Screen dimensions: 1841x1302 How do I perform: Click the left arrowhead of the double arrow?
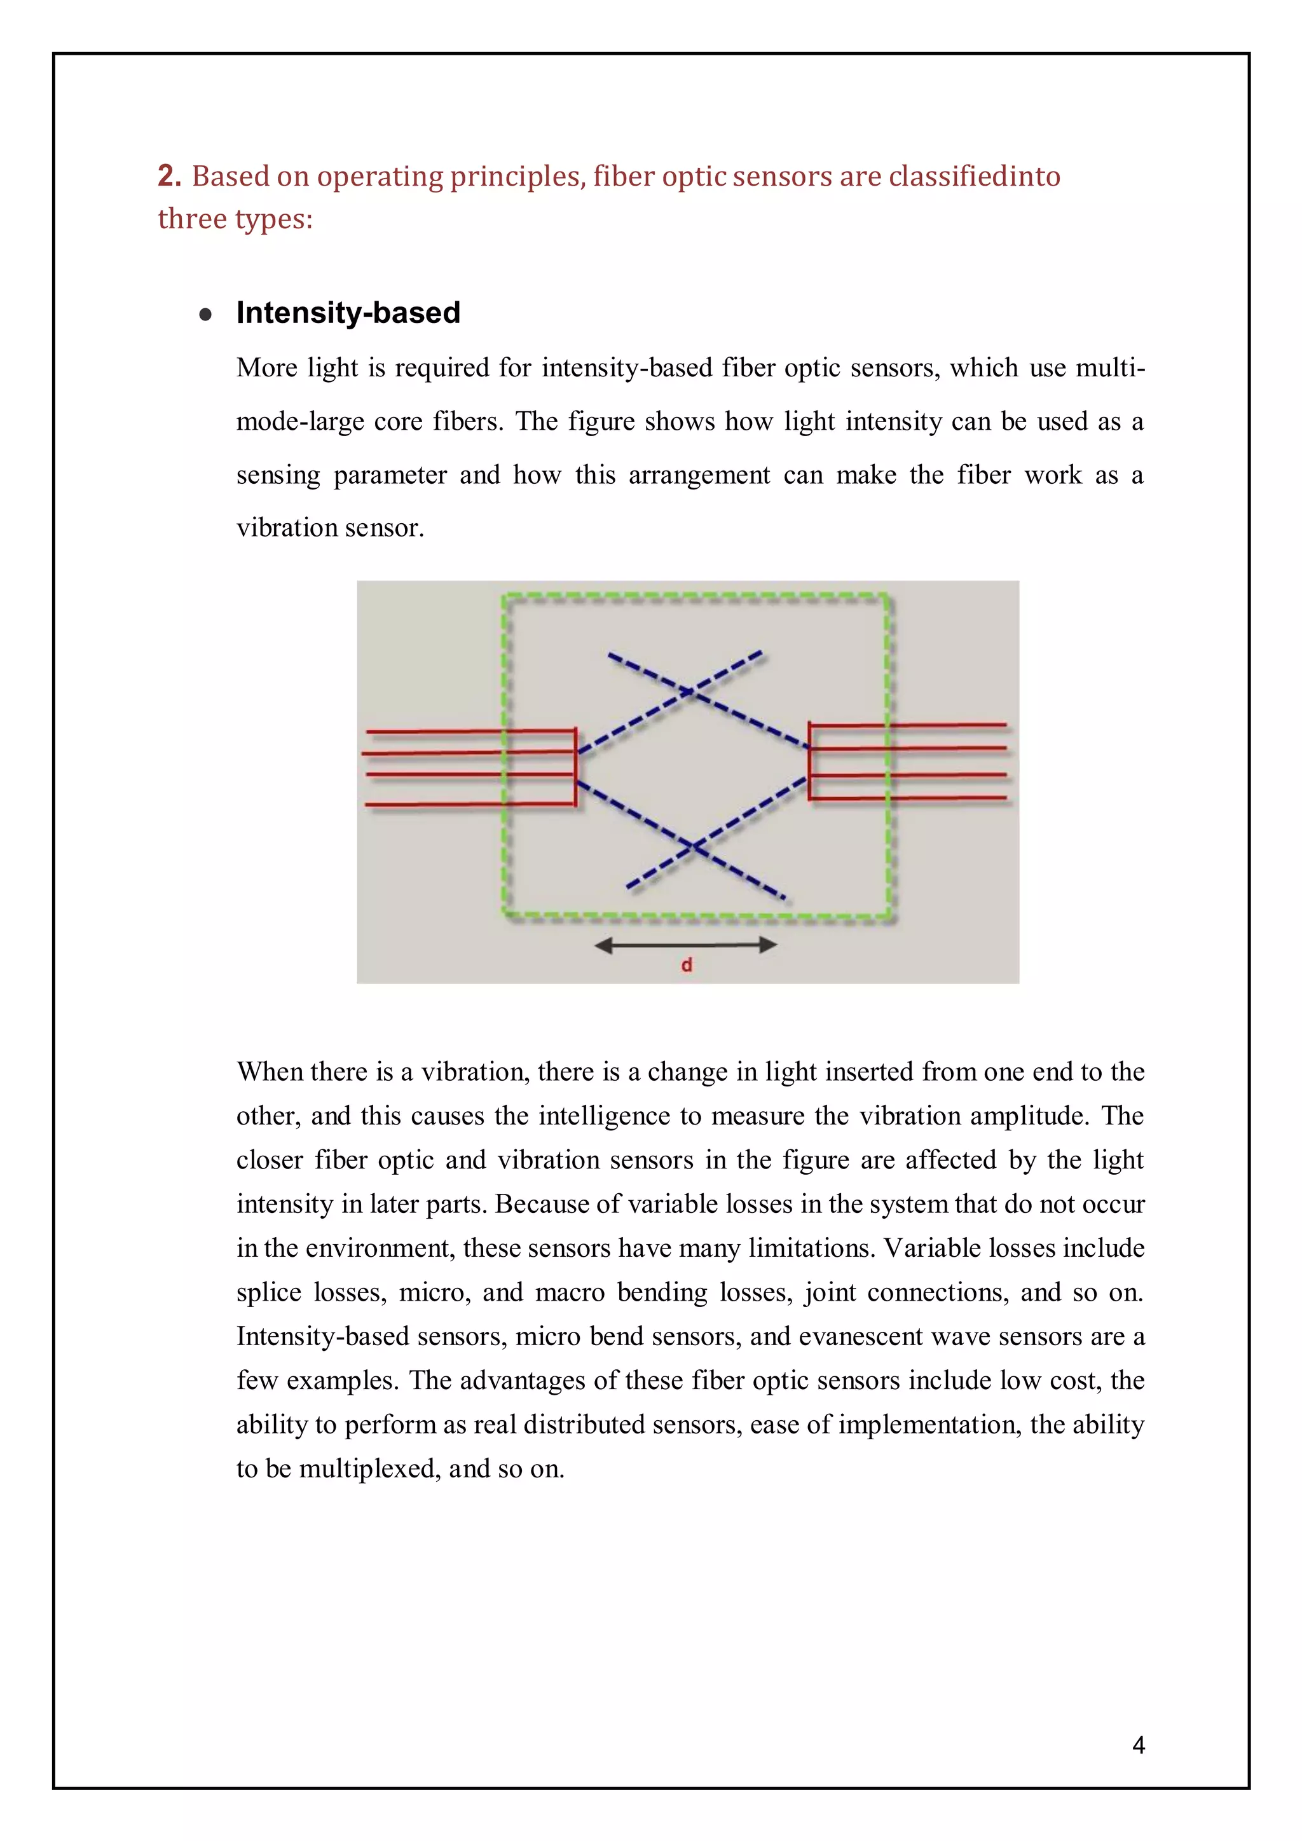point(603,945)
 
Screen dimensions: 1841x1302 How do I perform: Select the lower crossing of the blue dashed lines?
point(694,846)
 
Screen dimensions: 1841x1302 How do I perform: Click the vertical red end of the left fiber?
point(575,767)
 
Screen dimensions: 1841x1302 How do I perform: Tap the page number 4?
point(1139,1745)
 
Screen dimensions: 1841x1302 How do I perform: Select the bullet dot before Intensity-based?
point(205,314)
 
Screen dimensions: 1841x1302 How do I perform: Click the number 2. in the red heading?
point(169,175)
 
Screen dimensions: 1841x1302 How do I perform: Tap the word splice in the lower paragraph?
point(268,1292)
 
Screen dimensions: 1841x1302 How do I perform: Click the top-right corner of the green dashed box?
point(887,596)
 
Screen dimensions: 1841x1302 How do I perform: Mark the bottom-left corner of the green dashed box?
point(505,914)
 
